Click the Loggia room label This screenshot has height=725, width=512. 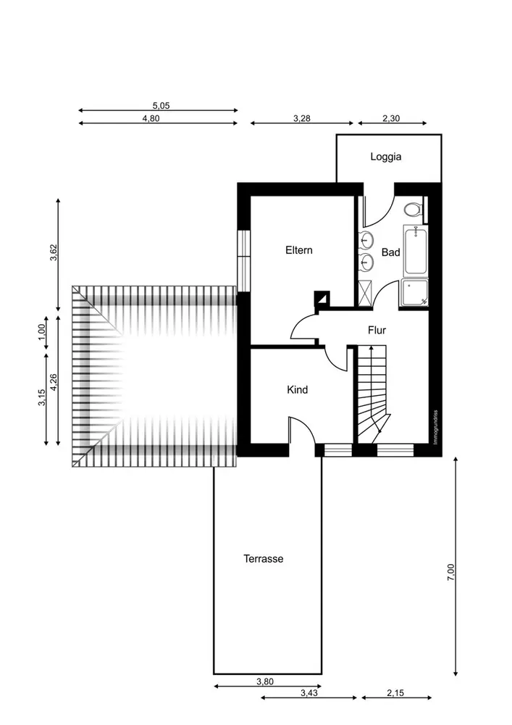385,157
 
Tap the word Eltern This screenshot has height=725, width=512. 298,250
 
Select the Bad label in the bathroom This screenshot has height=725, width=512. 390,252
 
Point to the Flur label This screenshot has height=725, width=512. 377,330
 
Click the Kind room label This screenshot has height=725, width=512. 298,390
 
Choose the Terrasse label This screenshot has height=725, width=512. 263,558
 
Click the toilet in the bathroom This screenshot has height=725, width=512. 414,210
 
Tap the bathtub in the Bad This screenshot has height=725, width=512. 416,251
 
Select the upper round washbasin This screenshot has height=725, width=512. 367,239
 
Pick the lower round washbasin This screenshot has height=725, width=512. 367,262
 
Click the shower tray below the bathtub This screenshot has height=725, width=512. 414,293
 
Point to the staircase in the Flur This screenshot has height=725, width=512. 372,394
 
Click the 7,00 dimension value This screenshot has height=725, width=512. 450,572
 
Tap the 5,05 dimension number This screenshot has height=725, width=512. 161,105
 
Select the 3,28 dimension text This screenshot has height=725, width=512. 302,118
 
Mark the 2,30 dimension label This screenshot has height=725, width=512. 391,118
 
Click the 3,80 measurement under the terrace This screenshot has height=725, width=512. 265,681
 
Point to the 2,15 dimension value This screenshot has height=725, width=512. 395,692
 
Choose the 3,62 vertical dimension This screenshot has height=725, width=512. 54,252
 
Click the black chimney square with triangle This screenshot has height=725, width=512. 322,298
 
